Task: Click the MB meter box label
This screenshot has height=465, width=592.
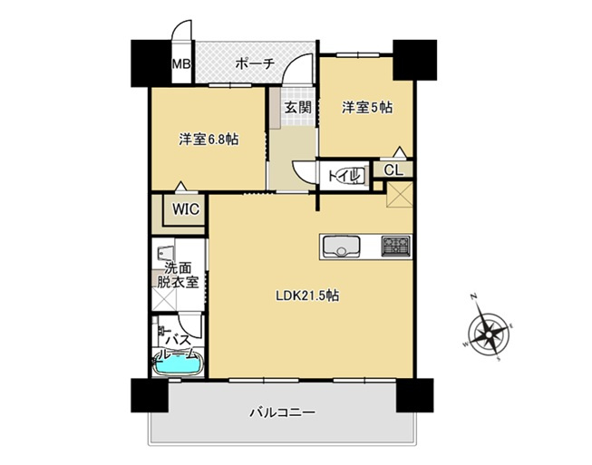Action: point(181,63)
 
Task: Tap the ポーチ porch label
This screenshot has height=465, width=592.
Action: point(255,64)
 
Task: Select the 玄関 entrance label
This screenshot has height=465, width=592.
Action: point(298,108)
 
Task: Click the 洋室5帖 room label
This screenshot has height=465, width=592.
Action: point(367,108)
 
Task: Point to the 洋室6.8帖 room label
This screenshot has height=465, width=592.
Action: point(209,140)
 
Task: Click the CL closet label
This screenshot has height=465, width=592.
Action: point(393,170)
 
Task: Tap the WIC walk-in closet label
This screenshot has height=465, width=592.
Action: point(186,208)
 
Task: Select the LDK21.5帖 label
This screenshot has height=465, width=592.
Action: point(307,295)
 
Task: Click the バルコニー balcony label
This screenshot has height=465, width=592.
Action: point(282,412)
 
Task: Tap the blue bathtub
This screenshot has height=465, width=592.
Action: point(178,365)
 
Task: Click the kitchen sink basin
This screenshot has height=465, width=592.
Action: point(341,247)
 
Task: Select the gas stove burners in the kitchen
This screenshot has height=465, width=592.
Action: point(395,246)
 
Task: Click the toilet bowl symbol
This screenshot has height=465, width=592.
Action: point(356,176)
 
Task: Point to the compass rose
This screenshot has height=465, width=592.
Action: point(489,334)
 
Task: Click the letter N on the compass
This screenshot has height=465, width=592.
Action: point(473,297)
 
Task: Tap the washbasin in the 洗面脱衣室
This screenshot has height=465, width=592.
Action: point(164,252)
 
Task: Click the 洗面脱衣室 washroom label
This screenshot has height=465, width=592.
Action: point(178,276)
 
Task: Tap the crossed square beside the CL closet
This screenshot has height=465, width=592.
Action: point(400,194)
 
